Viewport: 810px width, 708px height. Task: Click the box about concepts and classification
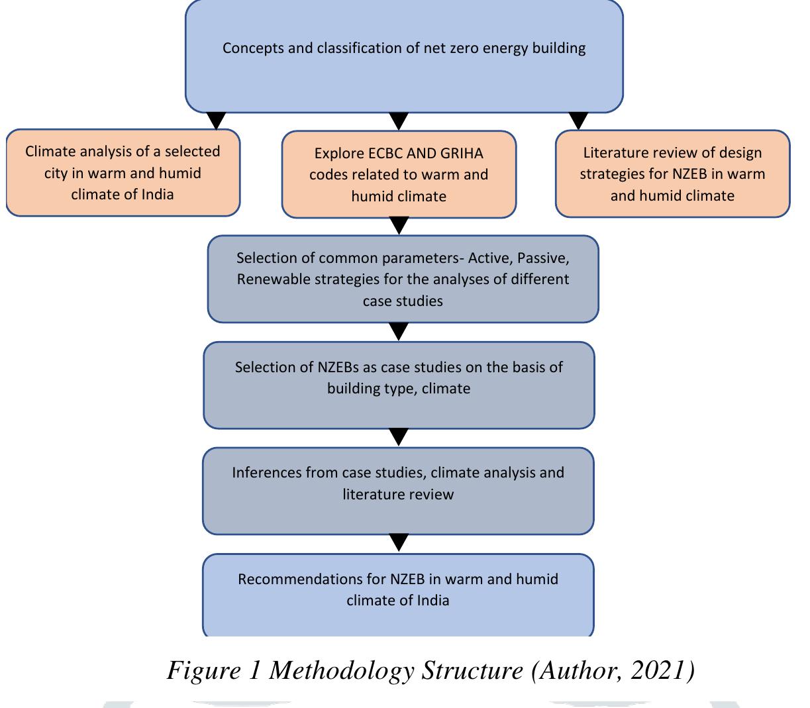click(404, 56)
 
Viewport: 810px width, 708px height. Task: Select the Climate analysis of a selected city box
click(123, 173)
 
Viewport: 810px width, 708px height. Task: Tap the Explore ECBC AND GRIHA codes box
click(399, 174)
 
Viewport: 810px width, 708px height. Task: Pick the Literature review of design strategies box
click(672, 174)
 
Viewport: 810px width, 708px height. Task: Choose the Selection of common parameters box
click(403, 279)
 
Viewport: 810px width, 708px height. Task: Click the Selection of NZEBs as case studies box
click(399, 385)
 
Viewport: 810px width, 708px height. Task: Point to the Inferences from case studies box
click(398, 491)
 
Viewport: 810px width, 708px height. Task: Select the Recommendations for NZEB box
click(398, 595)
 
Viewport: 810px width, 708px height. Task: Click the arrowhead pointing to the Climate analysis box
click(217, 121)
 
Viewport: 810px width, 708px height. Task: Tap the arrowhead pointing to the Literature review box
click(579, 121)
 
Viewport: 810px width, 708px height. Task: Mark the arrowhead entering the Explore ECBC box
click(398, 121)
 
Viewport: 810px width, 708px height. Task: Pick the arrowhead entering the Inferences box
click(398, 437)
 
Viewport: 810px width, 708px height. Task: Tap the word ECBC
click(385, 154)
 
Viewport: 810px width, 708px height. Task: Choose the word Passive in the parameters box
click(539, 258)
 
